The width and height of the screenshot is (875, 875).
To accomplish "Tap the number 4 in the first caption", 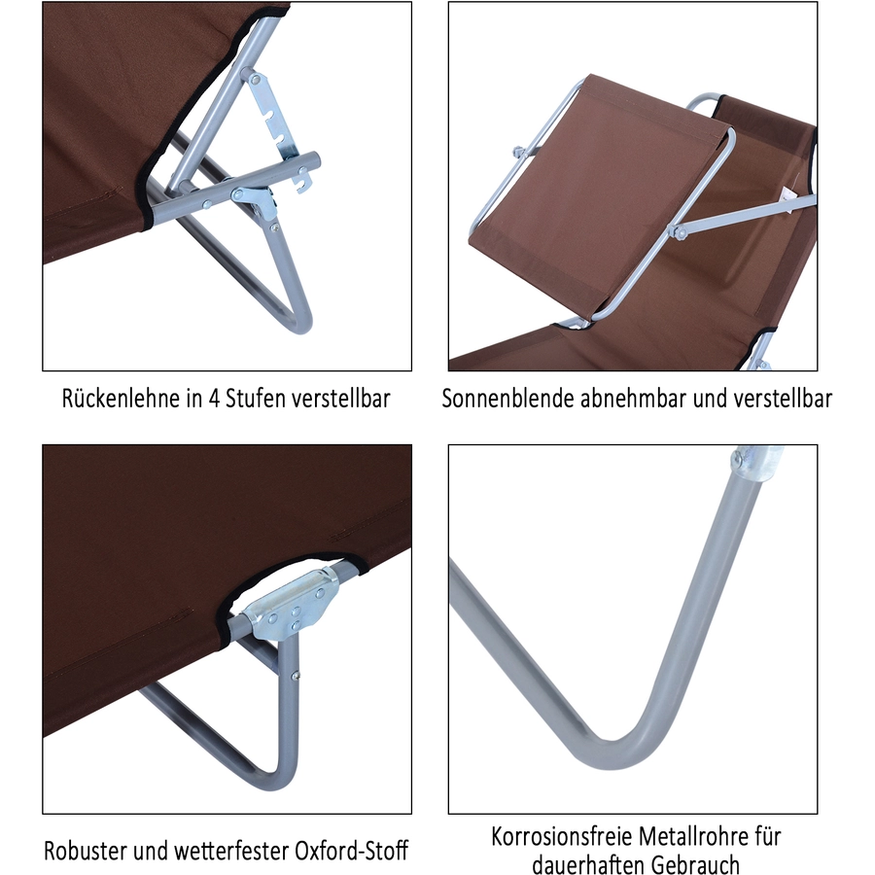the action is click(x=214, y=399).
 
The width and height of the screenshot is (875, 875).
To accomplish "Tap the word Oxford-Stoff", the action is click(x=352, y=851).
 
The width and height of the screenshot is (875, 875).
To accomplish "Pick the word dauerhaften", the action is click(x=587, y=864).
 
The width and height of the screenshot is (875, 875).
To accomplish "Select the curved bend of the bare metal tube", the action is click(x=619, y=751).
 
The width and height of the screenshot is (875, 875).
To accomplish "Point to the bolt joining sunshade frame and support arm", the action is click(x=679, y=230).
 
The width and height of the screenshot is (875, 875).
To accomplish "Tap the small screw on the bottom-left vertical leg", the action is click(x=296, y=676).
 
